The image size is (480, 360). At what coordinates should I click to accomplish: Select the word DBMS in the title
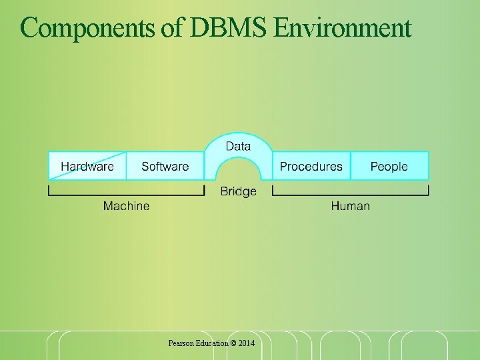[229, 28]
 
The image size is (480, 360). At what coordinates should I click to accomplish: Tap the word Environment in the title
[343, 28]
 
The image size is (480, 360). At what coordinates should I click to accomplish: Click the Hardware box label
[87, 167]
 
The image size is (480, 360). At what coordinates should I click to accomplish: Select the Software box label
[165, 167]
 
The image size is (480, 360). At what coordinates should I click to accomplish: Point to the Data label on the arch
[238, 146]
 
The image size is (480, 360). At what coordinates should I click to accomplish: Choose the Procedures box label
[311, 167]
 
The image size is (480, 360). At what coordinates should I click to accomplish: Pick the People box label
[389, 167]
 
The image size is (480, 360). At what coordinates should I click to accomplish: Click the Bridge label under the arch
[238, 192]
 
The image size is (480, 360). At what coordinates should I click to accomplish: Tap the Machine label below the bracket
[126, 206]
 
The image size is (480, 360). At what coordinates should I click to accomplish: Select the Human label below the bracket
[350, 206]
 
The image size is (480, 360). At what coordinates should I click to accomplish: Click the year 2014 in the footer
[245, 343]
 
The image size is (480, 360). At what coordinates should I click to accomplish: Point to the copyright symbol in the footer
[233, 343]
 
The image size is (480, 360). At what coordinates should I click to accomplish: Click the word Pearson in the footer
[181, 343]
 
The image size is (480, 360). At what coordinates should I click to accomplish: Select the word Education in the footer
[211, 343]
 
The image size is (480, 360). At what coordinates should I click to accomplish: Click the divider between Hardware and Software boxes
[126, 166]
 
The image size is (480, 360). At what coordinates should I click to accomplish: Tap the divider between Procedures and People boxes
[351, 166]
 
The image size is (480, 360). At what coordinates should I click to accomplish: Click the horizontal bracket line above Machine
[126, 195]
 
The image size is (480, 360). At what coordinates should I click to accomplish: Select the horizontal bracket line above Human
[351, 195]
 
